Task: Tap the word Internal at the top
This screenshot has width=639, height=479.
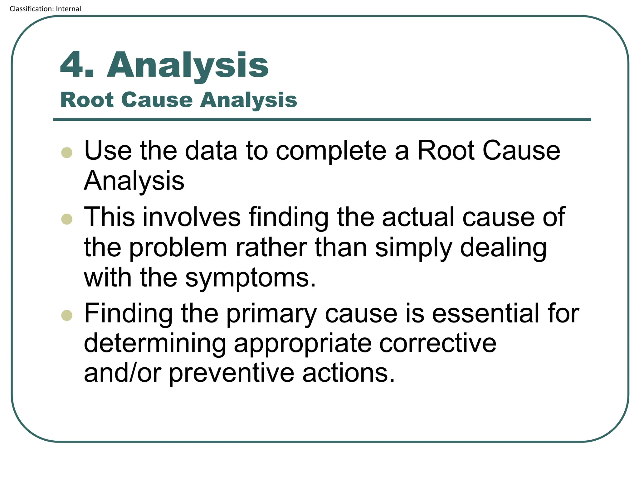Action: click(68, 9)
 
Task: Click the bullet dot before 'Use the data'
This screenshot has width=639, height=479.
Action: click(67, 152)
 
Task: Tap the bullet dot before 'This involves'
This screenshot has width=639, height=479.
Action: click(67, 219)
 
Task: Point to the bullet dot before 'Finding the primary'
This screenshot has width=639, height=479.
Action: click(67, 315)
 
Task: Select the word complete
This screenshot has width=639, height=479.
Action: click(331, 151)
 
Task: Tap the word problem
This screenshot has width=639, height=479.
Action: click(178, 248)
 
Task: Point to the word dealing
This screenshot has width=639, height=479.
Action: click(503, 248)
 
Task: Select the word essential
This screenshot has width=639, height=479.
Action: click(485, 313)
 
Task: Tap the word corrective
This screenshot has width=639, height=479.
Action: click(437, 343)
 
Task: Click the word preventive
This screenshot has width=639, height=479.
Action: click(232, 373)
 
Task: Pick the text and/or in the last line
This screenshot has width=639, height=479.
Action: click(123, 373)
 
